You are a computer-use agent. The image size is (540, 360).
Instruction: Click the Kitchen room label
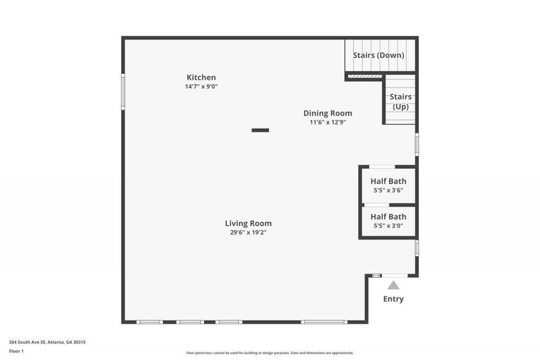point(201,77)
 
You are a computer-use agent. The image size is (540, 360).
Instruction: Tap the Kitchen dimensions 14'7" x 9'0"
point(201,86)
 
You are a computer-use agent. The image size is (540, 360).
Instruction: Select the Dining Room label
point(328,113)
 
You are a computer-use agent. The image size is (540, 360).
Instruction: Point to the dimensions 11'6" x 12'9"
point(328,122)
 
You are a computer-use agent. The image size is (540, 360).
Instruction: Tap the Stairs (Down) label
point(379,55)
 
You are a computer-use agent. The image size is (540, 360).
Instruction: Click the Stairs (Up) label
point(400,101)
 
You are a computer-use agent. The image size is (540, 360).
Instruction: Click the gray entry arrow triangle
point(393,286)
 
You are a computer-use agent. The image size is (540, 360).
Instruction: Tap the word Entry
point(394,299)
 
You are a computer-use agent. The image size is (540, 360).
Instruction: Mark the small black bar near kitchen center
point(260,130)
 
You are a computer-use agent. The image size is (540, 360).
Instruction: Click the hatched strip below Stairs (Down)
point(365,77)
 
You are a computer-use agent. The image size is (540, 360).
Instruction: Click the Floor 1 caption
point(16,351)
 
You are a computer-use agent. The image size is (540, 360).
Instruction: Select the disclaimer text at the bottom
point(270,353)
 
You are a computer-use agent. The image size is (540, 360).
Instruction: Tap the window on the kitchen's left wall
point(123,91)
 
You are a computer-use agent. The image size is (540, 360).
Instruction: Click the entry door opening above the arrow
point(394,275)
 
